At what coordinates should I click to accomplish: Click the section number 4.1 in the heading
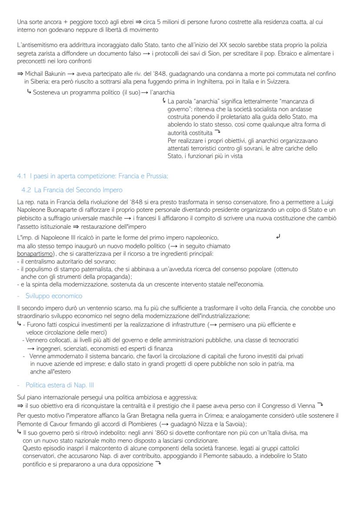pos(22,176)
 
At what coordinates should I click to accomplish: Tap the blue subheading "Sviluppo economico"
pos(53,296)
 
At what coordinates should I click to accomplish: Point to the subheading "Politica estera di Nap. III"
pos(60,385)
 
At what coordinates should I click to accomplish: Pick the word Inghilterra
pos(205,82)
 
